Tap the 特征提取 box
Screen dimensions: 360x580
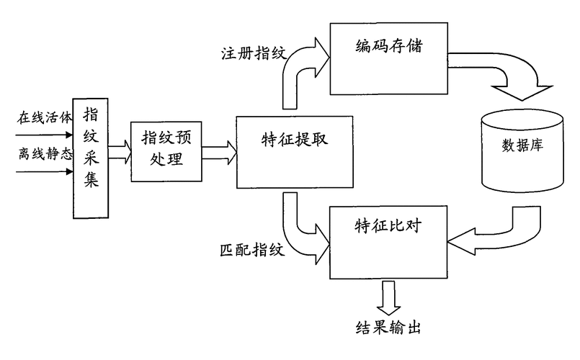[293, 151]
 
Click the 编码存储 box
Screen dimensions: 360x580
[389, 58]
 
